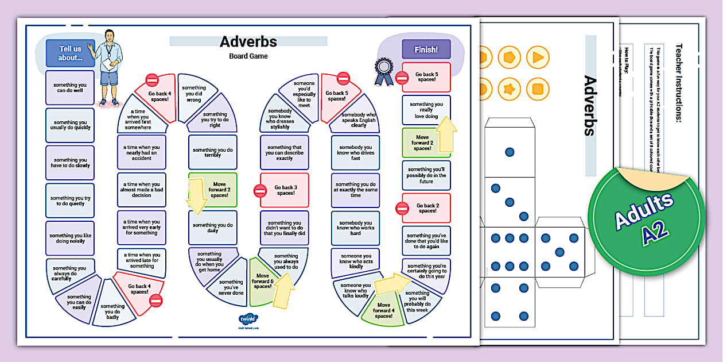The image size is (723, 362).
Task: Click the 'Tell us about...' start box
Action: (70, 53)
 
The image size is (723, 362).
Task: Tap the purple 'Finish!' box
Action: (426, 49)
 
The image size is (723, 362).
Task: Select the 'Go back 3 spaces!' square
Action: (285, 190)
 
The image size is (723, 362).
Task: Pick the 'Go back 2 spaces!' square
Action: (427, 208)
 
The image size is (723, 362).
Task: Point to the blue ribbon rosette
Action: (383, 71)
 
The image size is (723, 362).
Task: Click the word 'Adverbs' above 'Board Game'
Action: (248, 41)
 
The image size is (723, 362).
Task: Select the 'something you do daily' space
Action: (213, 228)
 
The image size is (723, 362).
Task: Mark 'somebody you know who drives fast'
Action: (356, 153)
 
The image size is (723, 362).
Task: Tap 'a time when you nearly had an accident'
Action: (142, 152)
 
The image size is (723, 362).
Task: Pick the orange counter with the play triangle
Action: (537, 57)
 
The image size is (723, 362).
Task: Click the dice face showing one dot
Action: (509, 152)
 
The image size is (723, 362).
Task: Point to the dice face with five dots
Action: (559, 252)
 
